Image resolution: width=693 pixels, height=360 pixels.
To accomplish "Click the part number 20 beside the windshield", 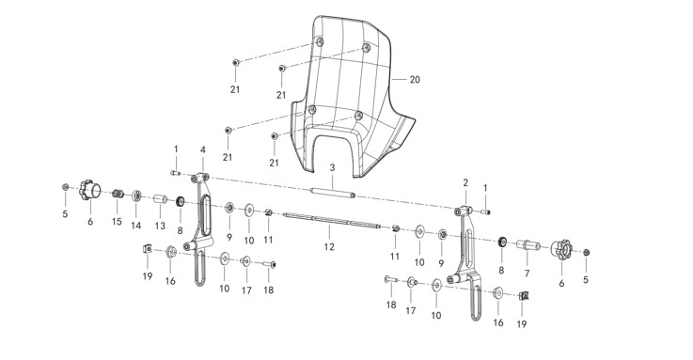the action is coord(415,80).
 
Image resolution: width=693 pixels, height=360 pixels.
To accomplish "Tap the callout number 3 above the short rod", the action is coord(332,168).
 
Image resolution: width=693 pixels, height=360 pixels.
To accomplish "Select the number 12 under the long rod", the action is coord(329,247).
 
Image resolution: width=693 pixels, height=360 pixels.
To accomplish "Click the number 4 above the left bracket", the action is coord(203,150).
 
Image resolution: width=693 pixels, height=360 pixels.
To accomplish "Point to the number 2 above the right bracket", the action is coord(465,182).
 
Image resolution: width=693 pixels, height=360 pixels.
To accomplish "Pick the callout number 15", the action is coord(117,221).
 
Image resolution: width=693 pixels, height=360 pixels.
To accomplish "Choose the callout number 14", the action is coord(136,226).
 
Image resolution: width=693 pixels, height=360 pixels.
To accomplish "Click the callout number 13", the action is coord(160,226).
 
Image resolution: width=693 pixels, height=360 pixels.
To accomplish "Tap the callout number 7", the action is coord(527,274).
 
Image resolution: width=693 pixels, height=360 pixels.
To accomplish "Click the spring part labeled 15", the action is coord(118,193).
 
